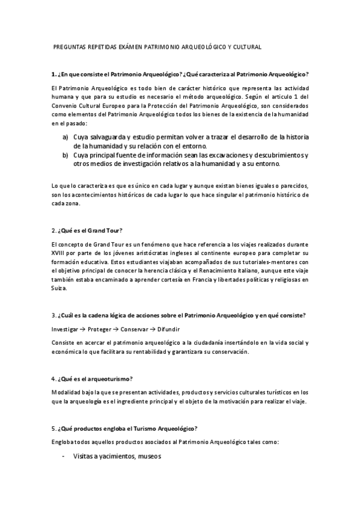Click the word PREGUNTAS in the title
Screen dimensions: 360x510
click(69, 46)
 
